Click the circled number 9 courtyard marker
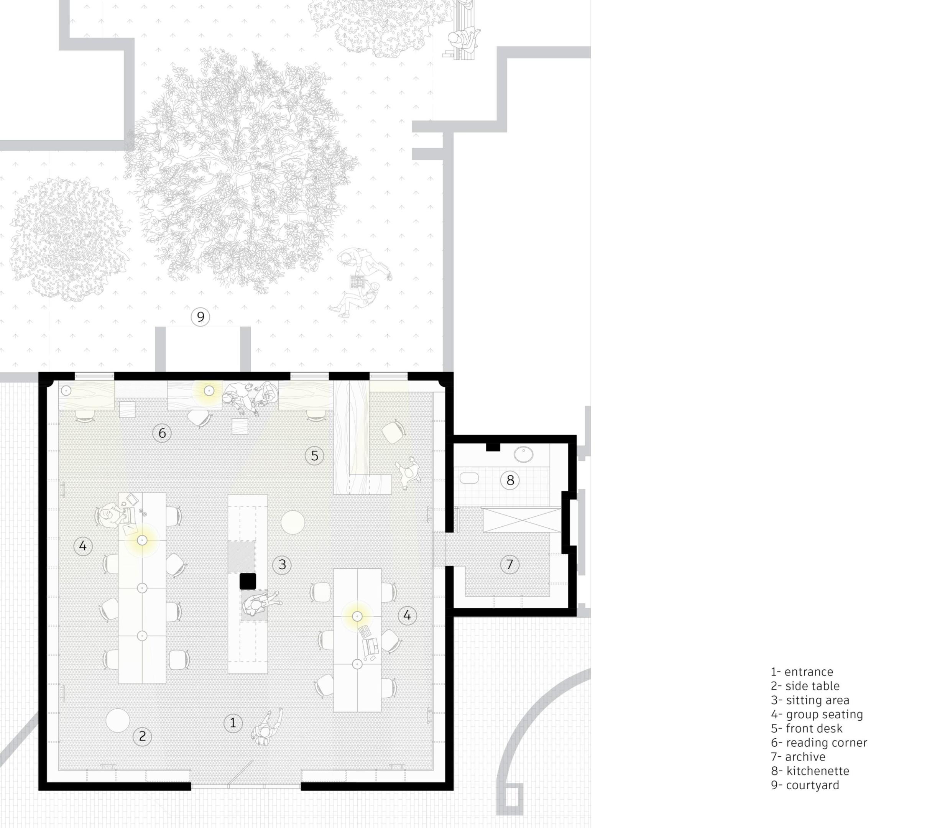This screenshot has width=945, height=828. [200, 317]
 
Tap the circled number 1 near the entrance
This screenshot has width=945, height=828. [233, 723]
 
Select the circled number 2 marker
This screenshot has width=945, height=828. [142, 736]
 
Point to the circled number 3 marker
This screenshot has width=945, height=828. [282, 564]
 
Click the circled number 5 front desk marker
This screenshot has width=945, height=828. [314, 455]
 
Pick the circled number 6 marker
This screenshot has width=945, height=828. [162, 433]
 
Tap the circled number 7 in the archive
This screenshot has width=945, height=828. [510, 564]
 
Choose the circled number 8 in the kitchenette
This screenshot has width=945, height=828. [510, 480]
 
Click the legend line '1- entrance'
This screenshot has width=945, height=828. [802, 672]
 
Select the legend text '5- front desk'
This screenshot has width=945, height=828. [806, 728]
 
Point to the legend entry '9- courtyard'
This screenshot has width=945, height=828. [805, 785]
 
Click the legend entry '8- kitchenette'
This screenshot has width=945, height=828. [810, 771]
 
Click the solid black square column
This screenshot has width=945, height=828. [248, 581]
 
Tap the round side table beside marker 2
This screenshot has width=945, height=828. [118, 720]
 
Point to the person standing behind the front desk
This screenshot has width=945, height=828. [408, 472]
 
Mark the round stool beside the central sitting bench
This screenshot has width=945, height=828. [293, 522]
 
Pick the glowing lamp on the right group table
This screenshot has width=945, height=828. [357, 616]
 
